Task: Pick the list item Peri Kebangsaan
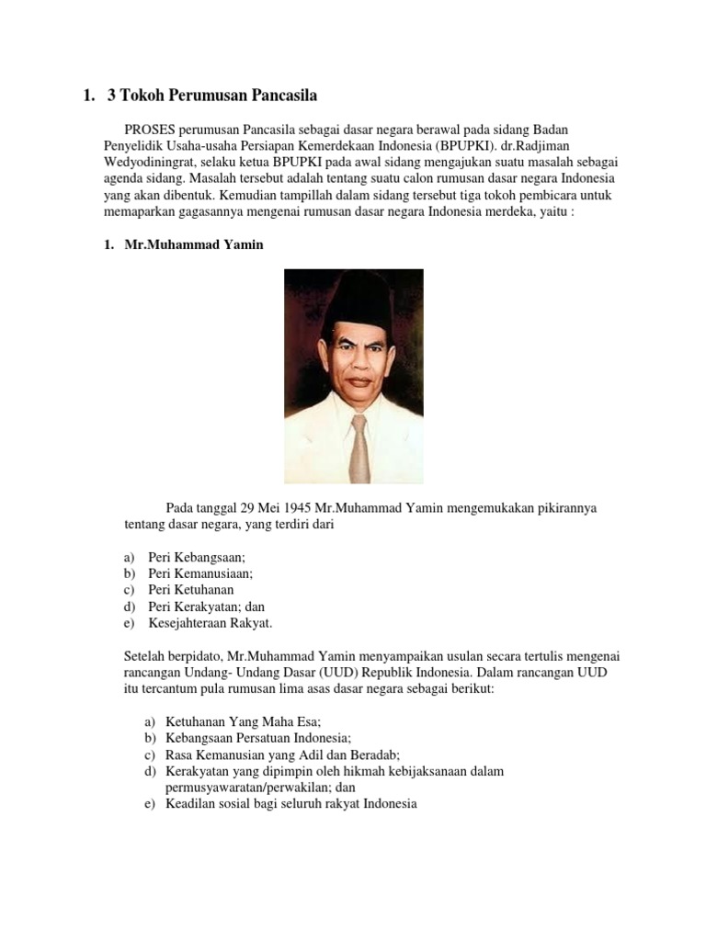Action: [x=199, y=557]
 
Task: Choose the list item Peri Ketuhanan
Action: [x=190, y=590]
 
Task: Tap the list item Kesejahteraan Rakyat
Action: [x=211, y=623]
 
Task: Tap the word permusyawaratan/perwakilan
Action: [x=260, y=788]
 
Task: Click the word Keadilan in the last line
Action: [x=190, y=804]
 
